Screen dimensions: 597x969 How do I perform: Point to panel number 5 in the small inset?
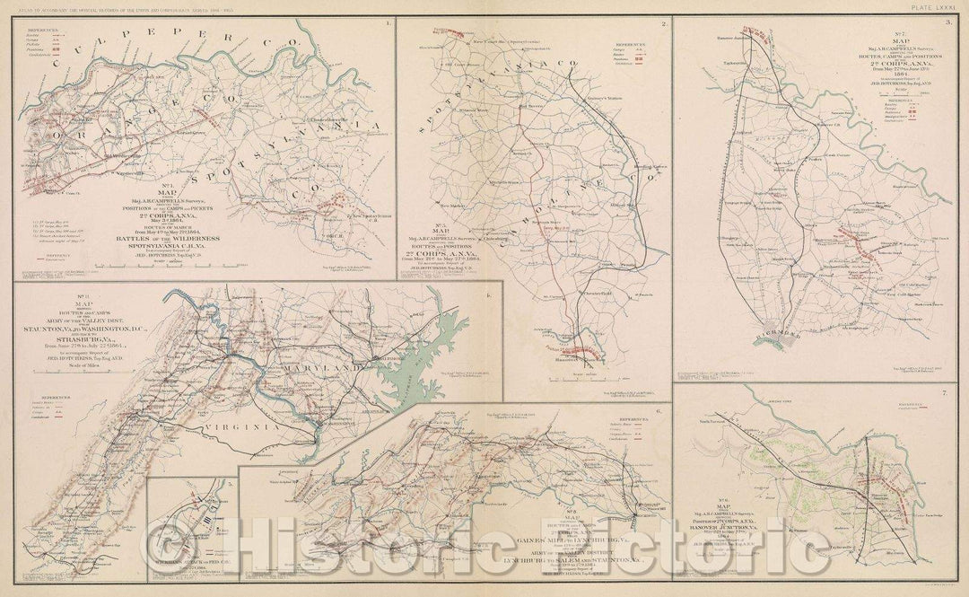pyautogui.click(x=230, y=485)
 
